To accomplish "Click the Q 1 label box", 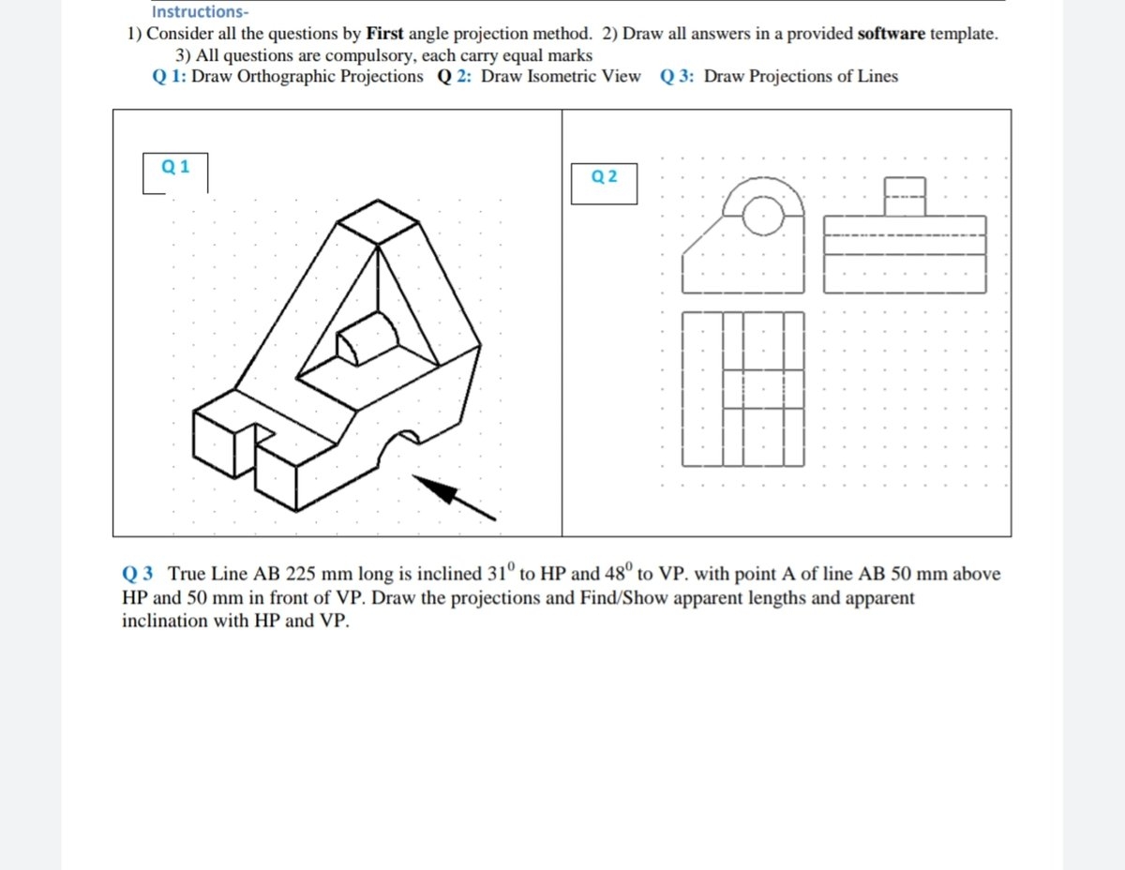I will (175, 168).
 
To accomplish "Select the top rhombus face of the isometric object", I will (377, 222).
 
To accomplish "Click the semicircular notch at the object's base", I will (403, 443).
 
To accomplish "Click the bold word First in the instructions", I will (384, 34).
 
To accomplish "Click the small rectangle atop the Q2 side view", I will (905, 196).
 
